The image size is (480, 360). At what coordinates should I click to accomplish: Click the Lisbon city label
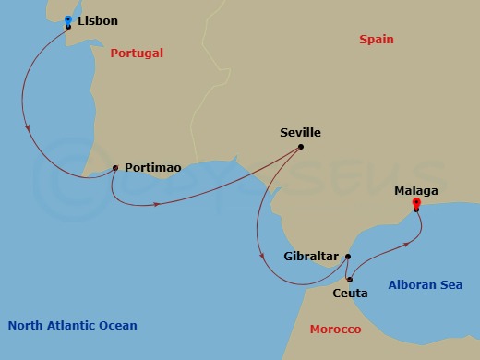[98, 20]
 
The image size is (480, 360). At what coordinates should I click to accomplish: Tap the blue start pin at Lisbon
[68, 19]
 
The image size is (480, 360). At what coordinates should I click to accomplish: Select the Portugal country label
[137, 54]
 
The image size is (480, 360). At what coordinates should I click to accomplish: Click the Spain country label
[377, 40]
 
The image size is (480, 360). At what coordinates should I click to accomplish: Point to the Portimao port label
[152, 168]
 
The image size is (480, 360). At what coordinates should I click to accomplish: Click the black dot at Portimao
[114, 168]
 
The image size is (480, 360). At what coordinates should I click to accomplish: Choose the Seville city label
[300, 133]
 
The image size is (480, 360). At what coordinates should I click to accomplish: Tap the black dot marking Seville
[301, 147]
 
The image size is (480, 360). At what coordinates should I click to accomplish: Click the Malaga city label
[415, 191]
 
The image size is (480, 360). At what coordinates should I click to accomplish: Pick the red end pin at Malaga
[416, 202]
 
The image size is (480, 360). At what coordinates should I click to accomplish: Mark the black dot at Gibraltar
[348, 257]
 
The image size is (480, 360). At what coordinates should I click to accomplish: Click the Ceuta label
[349, 294]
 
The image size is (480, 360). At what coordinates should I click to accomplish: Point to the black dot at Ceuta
[349, 279]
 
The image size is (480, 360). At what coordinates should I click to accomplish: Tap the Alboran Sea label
[426, 285]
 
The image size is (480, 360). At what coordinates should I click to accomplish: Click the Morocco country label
[335, 329]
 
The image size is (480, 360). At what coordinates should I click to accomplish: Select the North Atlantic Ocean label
[72, 325]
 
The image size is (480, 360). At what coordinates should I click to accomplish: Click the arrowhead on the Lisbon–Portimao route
[33, 128]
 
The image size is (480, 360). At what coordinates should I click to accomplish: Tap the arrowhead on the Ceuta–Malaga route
[406, 244]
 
